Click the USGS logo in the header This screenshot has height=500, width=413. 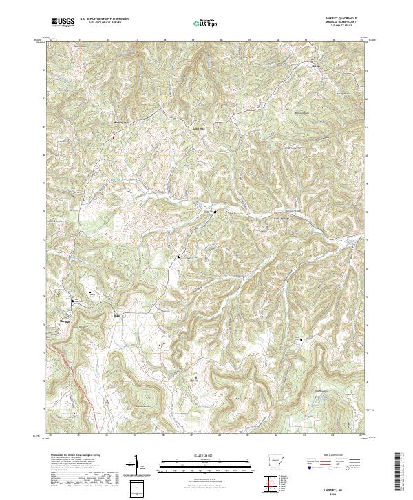[63, 22]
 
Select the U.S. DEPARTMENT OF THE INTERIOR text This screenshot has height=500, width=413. [104, 19]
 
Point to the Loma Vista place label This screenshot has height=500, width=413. [198, 127]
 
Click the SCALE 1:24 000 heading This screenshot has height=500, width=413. [204, 455]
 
